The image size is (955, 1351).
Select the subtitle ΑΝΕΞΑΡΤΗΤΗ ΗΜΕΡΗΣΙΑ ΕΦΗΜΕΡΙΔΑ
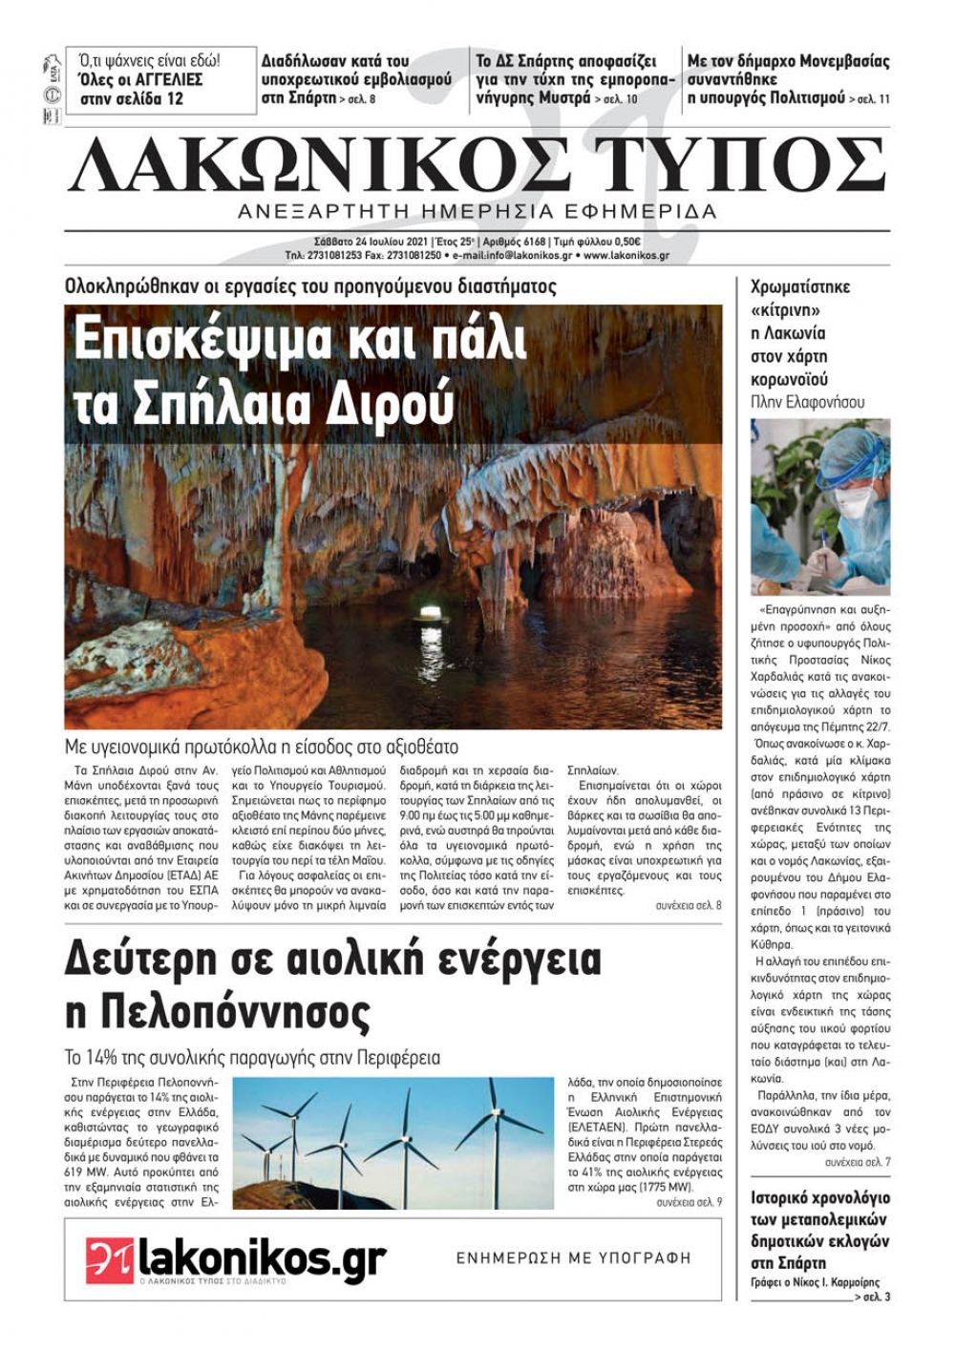pos(477,211)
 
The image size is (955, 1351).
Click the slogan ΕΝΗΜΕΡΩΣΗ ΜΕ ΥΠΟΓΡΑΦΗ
pos(573,1258)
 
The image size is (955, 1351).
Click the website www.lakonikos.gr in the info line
pos(626,256)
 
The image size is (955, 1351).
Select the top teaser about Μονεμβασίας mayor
pos(788,79)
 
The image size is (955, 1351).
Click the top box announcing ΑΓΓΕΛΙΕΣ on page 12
pos(160,80)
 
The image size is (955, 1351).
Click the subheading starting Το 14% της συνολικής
pos(252,1058)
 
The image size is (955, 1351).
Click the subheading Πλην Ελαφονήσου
pos(807,402)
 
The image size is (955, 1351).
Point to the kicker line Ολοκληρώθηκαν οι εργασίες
pos(310,286)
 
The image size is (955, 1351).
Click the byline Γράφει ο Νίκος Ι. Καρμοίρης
pos(815,1282)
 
